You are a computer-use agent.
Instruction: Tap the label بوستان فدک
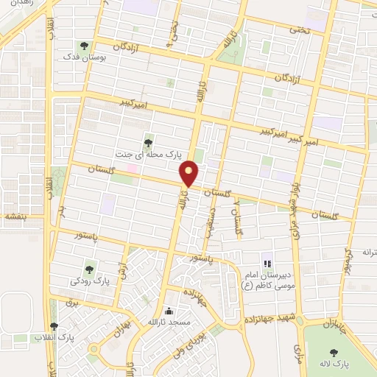82,57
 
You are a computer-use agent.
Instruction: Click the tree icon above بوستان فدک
82,46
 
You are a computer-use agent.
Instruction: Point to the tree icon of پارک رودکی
90,269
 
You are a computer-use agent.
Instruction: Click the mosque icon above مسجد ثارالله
171,311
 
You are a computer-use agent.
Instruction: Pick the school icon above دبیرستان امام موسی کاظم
267,263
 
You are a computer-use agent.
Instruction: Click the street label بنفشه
14,216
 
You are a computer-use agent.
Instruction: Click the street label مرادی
297,353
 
